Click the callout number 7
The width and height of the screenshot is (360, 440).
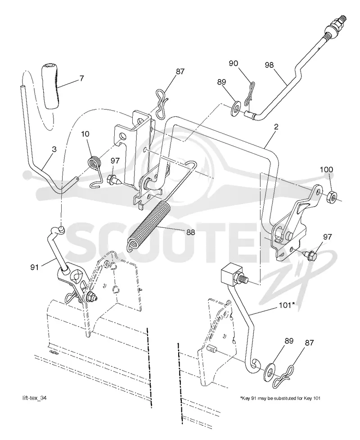tap(81, 78)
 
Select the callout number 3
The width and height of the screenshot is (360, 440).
tap(54, 150)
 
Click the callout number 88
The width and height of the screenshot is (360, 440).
tap(190, 232)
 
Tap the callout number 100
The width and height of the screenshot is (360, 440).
tap(326, 170)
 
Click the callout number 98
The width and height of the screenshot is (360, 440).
tap(269, 65)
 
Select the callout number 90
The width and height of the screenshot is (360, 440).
tap(233, 63)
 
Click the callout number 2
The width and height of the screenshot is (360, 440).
tap(276, 127)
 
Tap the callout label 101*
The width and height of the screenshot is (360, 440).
tap(286, 305)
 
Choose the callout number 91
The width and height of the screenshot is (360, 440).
tap(34, 267)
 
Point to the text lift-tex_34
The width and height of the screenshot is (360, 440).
tap(34, 398)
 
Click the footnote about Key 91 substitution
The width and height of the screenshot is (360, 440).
tap(280, 398)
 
